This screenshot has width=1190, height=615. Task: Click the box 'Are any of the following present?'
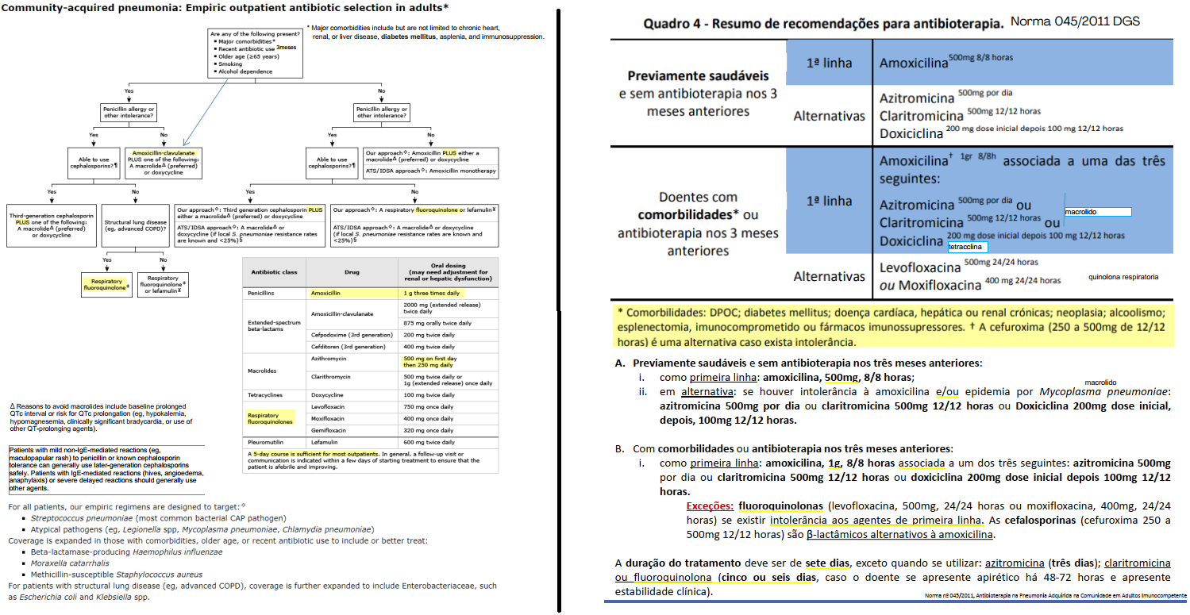click(255, 53)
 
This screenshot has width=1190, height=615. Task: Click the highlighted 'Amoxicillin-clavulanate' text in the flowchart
click(163, 152)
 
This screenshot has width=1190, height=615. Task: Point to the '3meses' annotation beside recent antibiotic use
click(286, 48)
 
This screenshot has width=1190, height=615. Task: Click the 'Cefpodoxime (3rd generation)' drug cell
click(352, 335)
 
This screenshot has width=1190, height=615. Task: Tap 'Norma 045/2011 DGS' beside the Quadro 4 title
click(1075, 21)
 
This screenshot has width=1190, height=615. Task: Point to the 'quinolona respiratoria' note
click(1123, 277)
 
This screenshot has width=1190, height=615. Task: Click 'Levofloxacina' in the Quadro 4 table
click(919, 266)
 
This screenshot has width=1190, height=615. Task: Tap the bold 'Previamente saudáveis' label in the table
click(698, 76)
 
